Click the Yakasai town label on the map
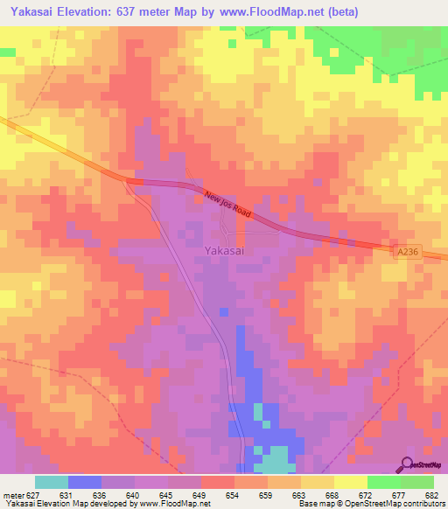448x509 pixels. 224,250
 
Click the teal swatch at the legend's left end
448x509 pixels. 52,482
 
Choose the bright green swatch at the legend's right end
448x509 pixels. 416,482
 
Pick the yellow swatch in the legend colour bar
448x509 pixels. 350,482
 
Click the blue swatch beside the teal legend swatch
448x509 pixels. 85,482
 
